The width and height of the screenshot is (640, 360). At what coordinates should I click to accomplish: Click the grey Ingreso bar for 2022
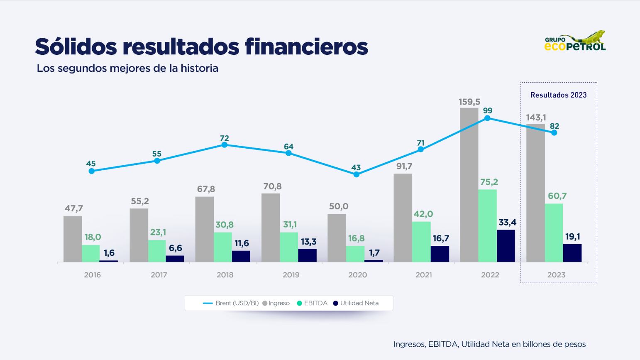469,185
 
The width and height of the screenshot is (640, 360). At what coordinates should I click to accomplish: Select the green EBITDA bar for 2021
421,242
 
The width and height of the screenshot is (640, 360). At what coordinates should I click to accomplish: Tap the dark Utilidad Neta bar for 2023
572,253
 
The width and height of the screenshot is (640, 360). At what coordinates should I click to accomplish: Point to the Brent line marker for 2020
356,174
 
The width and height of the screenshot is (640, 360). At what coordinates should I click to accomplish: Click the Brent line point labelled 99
487,118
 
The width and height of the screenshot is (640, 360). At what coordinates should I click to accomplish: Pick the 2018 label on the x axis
225,275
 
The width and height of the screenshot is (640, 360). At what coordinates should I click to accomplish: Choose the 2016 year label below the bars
92,275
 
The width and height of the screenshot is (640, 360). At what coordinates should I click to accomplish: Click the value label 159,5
469,102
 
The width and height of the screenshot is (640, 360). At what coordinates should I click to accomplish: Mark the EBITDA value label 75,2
489,182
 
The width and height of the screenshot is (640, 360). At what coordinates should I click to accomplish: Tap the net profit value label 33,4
507,223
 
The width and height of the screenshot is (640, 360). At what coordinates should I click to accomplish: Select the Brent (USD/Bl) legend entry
231,303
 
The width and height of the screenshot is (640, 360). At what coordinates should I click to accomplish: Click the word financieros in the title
306,47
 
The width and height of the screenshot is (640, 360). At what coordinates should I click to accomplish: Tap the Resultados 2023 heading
558,95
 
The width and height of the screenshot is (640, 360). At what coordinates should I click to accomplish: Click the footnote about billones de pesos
489,344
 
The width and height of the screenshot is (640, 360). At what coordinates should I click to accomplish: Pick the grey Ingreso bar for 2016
73,239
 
